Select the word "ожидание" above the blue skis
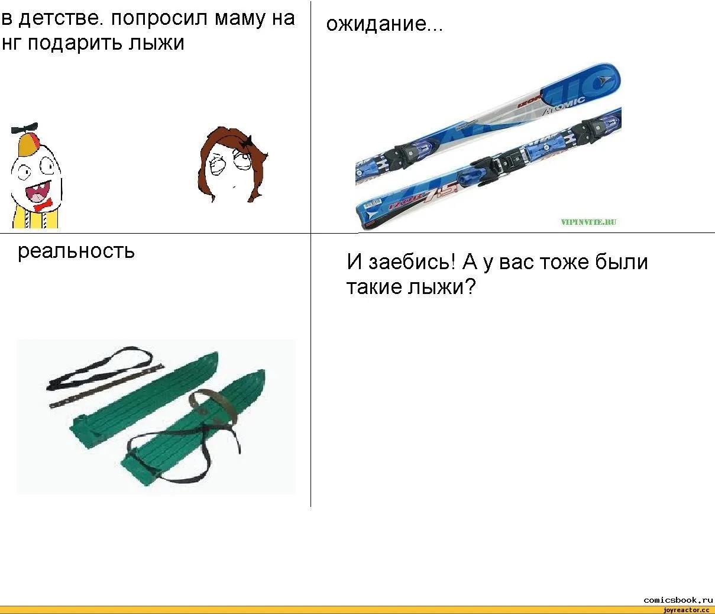point(376,25)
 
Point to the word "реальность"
point(76,251)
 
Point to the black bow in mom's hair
point(247,141)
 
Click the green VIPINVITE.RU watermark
point(588,222)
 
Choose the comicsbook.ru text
point(678,600)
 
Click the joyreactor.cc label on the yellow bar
point(687,610)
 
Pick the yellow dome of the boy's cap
point(28,144)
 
